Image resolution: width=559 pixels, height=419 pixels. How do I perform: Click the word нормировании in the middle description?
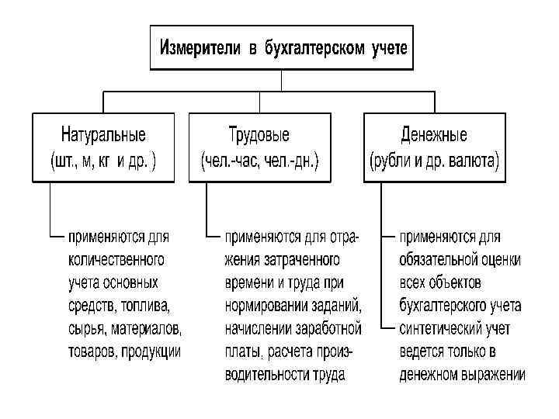pos(264,305)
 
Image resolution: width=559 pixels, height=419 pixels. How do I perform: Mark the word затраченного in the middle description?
pos(301,258)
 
